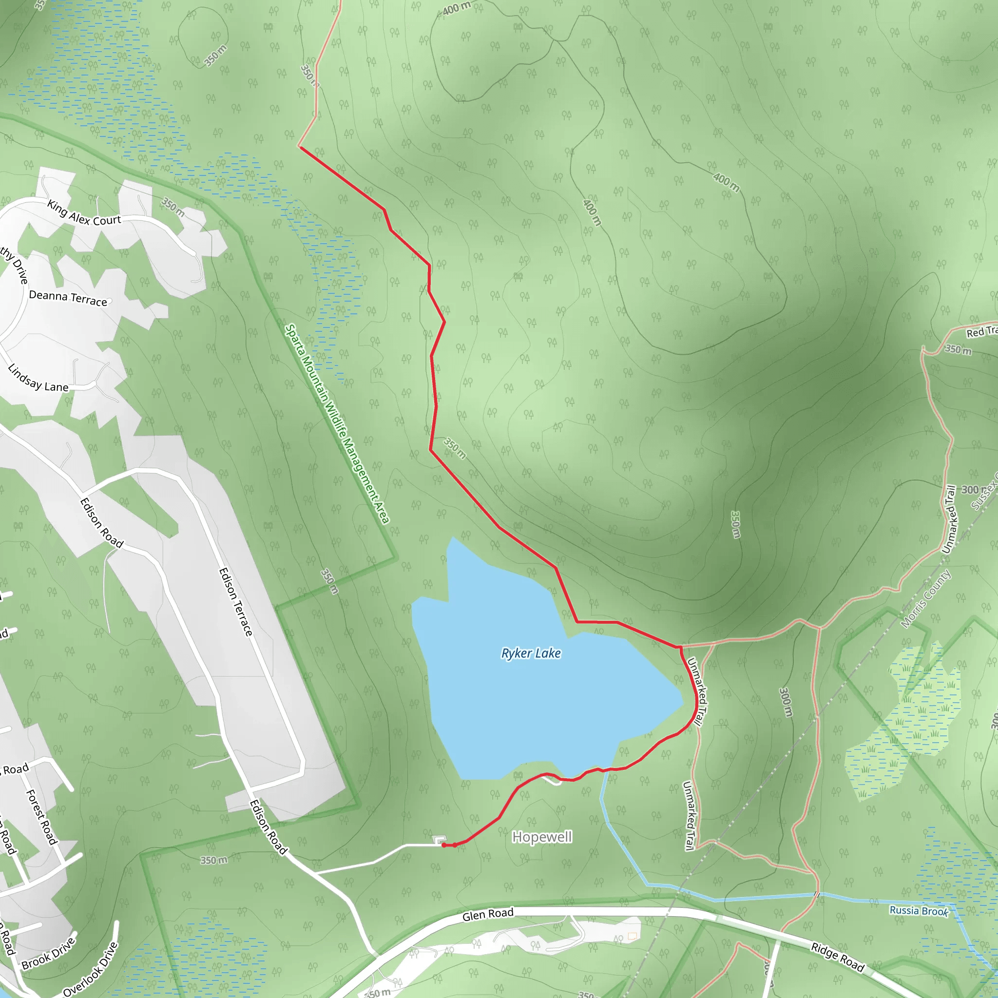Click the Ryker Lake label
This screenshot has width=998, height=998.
pyautogui.click(x=531, y=653)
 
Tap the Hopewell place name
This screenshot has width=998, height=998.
pyautogui.click(x=542, y=837)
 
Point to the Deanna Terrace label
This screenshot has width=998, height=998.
pyautogui.click(x=68, y=298)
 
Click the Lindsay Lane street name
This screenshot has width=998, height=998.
pyautogui.click(x=38, y=379)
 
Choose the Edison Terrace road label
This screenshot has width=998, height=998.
pyautogui.click(x=235, y=602)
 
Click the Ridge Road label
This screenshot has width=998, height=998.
pyautogui.click(x=837, y=957)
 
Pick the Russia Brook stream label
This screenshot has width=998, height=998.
pyautogui.click(x=919, y=911)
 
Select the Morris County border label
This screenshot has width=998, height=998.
pyautogui.click(x=926, y=599)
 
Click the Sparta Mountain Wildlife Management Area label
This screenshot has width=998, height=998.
pyautogui.click(x=337, y=423)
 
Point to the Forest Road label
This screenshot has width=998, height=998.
pyautogui.click(x=41, y=817)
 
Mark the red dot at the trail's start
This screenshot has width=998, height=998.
pyautogui.click(x=444, y=845)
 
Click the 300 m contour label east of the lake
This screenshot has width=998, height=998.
pyautogui.click(x=786, y=702)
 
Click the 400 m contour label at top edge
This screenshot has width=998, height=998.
pyautogui.click(x=457, y=8)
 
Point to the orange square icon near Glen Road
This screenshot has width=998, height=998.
pyautogui.click(x=632, y=936)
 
